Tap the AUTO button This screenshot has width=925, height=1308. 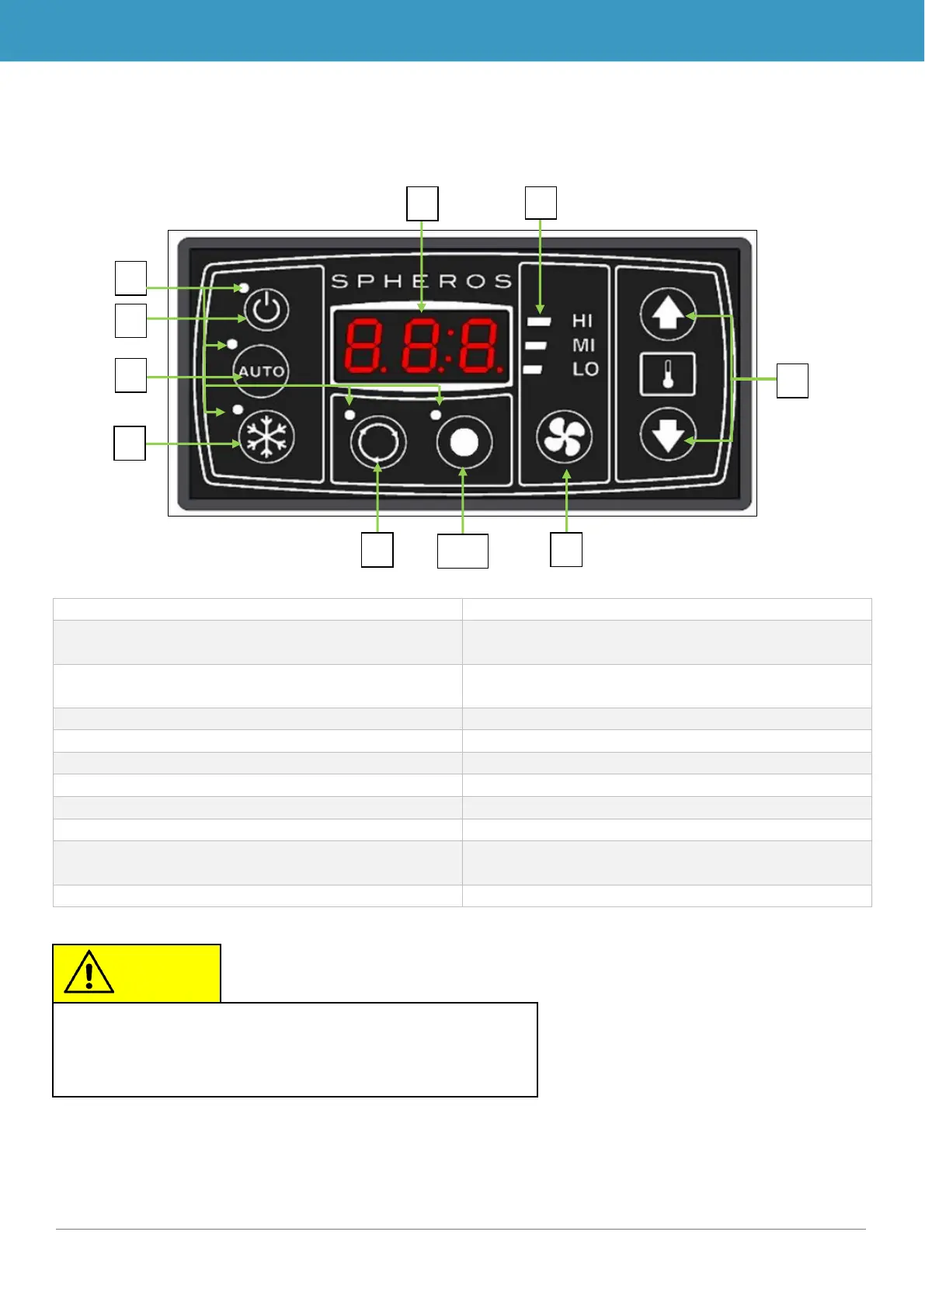261,371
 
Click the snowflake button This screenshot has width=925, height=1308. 266,435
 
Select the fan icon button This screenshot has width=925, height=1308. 565,437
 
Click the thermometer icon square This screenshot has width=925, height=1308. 667,375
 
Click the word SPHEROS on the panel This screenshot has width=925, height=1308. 422,281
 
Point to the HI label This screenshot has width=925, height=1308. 582,321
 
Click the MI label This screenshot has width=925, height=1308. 583,345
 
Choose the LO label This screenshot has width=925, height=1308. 585,369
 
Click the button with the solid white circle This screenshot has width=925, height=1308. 464,443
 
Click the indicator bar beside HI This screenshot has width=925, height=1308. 538,321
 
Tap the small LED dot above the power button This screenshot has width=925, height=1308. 245,288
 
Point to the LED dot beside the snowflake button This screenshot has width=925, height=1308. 238,409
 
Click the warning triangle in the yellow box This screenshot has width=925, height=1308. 89,972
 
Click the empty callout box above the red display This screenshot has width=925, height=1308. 423,204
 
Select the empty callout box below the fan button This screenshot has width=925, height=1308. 566,549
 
